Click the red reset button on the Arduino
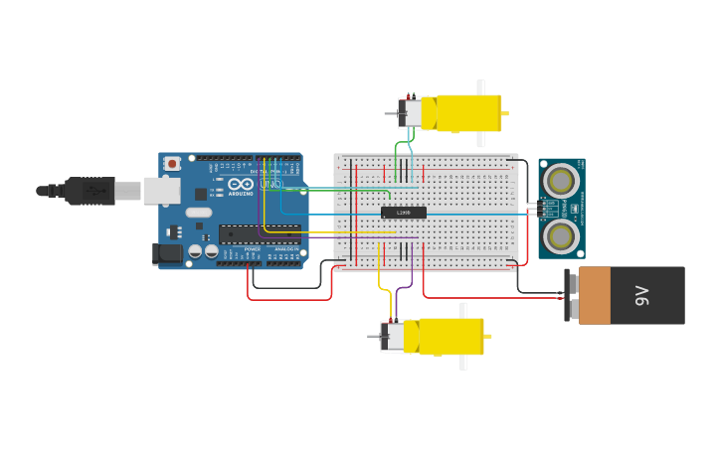[x=172, y=163]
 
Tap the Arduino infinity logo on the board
[x=241, y=184]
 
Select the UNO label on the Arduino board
[x=270, y=184]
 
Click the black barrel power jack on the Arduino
[x=168, y=254]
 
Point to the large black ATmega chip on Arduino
[x=260, y=234]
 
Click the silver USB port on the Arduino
[x=161, y=191]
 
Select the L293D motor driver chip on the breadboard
[x=404, y=213]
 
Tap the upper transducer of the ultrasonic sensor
[x=561, y=181]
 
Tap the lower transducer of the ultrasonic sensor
[x=561, y=236]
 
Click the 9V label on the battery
[x=642, y=295]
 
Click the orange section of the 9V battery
[x=595, y=295]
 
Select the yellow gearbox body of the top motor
[x=468, y=113]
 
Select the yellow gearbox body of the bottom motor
[x=451, y=336]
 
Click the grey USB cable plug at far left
[x=90, y=191]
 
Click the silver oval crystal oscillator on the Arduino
[x=199, y=212]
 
